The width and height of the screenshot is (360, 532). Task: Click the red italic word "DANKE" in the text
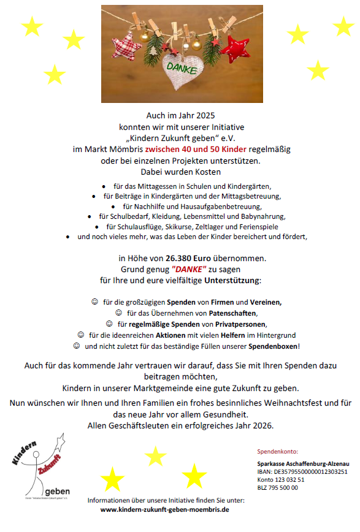[x=189, y=270]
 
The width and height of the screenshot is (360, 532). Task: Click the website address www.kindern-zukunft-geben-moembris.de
[x=164, y=510]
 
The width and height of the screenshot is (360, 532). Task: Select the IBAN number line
[x=302, y=471]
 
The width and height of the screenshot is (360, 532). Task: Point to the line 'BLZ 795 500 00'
[x=278, y=488]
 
